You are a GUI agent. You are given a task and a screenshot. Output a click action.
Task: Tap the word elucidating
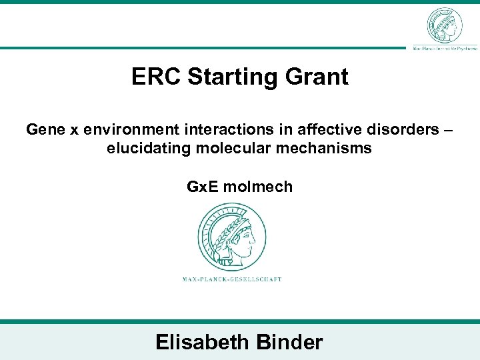pyautogui.click(x=148, y=148)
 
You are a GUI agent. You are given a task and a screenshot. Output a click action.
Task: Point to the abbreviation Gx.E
pyautogui.click(x=203, y=187)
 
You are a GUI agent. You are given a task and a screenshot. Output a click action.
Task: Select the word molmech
pyautogui.click(x=258, y=187)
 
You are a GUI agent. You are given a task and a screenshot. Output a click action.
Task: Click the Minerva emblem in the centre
pyautogui.click(x=233, y=237)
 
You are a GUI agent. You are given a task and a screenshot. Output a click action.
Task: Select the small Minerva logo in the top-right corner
pyautogui.click(x=444, y=25)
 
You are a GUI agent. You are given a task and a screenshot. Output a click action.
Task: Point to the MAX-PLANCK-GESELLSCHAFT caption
pyautogui.click(x=232, y=279)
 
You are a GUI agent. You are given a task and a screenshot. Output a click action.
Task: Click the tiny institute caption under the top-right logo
pyautogui.click(x=445, y=49)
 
